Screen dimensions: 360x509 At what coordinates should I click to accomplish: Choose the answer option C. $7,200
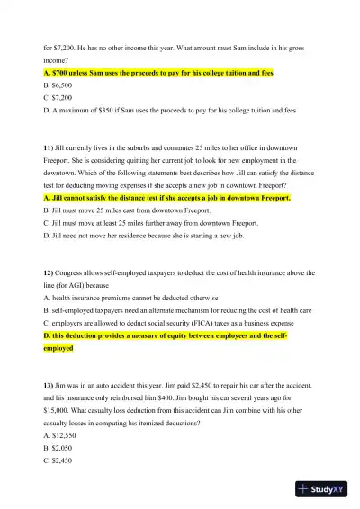[x=59, y=96]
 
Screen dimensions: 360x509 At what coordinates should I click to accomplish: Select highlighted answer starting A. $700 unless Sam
[x=158, y=71]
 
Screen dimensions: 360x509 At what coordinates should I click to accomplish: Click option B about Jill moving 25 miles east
[x=126, y=210]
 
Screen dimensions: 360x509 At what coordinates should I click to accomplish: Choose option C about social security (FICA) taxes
[x=168, y=321]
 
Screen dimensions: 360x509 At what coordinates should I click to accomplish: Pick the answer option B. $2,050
[x=60, y=446]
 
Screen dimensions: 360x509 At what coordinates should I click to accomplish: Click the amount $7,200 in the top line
[x=64, y=43]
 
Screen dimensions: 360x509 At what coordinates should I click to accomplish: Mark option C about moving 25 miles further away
[x=150, y=222]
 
